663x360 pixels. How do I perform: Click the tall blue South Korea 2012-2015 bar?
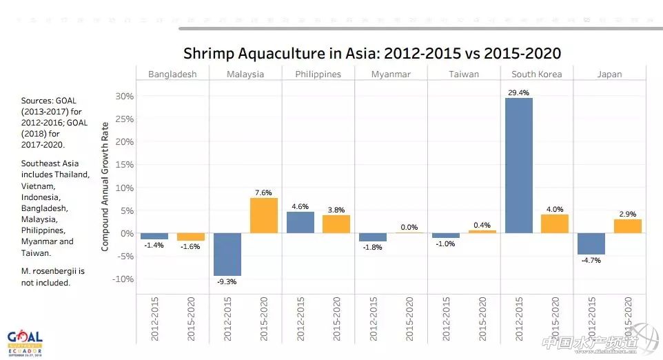coord(518,166)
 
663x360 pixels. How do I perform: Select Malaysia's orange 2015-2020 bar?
coord(263,215)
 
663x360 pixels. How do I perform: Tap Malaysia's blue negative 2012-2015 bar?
coord(227,254)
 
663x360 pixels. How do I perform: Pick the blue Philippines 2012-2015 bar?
coord(300,222)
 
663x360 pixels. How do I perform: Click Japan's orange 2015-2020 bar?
coord(628,226)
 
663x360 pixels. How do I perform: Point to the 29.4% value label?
coord(518,92)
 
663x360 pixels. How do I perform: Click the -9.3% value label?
coord(227,282)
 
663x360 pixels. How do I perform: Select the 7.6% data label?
coord(263,192)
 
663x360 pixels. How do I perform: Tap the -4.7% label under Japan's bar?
coord(591,261)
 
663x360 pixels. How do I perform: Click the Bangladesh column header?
coord(172,74)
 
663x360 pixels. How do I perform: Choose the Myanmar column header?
coord(391,74)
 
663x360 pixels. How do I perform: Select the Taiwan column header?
coord(464,74)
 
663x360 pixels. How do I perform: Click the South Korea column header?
coord(536,74)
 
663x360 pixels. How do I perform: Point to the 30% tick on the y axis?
coord(124,96)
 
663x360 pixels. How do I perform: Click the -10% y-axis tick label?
coord(122,279)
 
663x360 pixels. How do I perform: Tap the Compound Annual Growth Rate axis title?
coord(105,186)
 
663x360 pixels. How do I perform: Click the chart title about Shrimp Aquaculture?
coord(372,53)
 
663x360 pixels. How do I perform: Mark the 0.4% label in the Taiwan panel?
coord(482,225)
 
